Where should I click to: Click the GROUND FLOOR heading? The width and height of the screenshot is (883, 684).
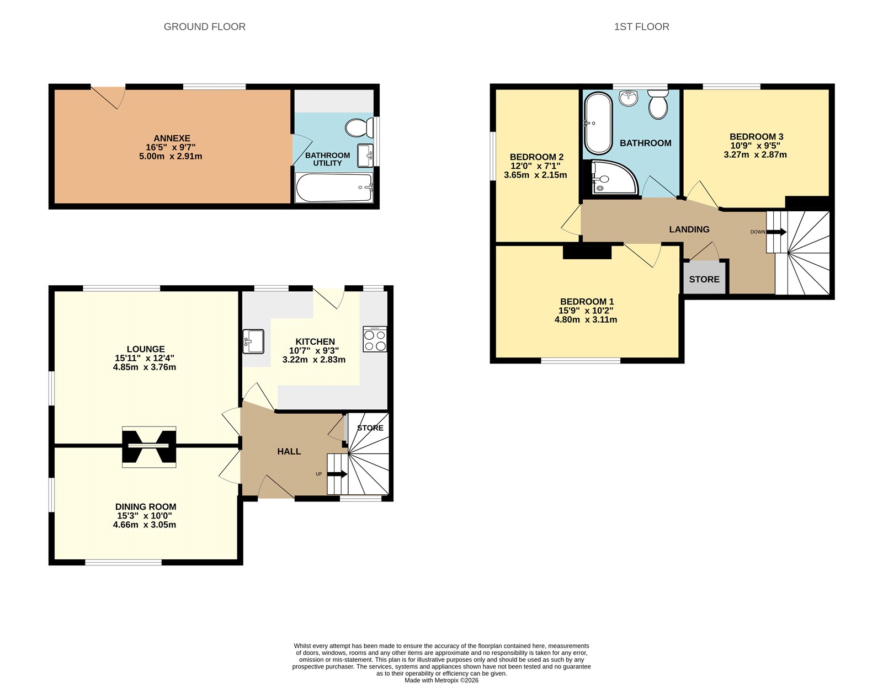tap(204, 26)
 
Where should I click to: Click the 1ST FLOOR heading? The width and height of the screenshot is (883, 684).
tap(641, 26)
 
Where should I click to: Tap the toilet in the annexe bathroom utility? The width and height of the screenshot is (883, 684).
tap(359, 129)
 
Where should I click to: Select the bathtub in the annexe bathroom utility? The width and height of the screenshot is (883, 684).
tap(334, 188)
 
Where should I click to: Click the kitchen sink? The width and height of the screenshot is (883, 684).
tap(253, 341)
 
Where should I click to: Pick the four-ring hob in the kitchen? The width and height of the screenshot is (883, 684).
tap(375, 339)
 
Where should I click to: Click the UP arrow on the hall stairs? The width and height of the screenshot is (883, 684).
tap(337, 474)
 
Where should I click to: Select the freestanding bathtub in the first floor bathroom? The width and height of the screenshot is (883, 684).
tap(598, 124)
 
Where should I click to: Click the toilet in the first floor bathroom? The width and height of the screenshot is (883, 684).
tap(658, 105)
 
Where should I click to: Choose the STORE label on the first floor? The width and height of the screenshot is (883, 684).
tap(704, 279)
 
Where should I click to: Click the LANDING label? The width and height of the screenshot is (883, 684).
tap(689, 229)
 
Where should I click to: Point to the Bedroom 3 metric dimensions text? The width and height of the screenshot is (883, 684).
tap(755, 155)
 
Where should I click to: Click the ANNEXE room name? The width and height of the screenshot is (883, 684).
tap(172, 138)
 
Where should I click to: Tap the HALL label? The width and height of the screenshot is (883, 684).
tap(289, 451)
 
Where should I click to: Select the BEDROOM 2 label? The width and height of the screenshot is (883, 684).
tap(536, 157)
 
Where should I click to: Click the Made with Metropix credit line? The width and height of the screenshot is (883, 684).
tap(441, 680)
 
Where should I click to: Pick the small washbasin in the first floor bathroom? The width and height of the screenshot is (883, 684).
tap(627, 98)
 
